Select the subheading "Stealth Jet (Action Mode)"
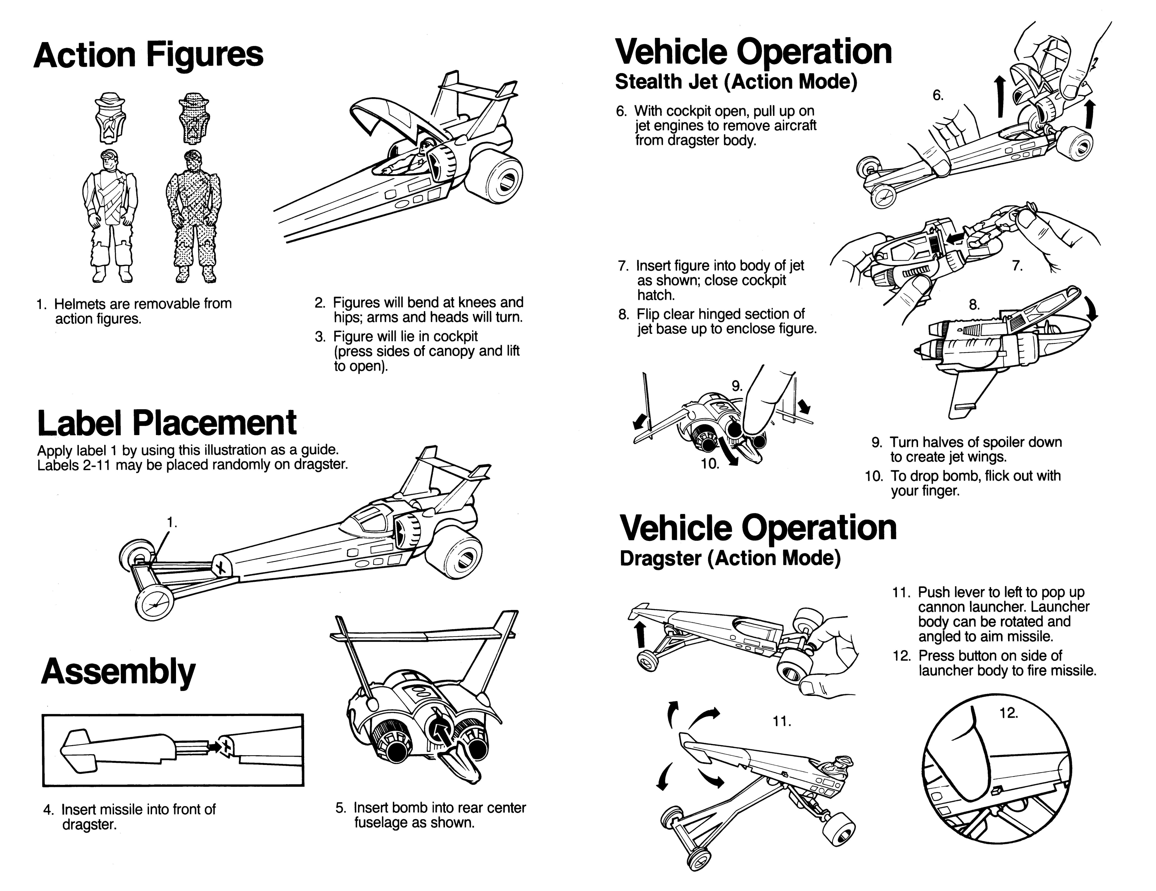pos(736,82)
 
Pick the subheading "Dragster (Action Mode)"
pos(730,559)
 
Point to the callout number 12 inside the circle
pos(1008,713)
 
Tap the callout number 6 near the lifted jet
pos(937,95)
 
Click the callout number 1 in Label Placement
pos(171,522)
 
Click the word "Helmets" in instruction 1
pos(79,304)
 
